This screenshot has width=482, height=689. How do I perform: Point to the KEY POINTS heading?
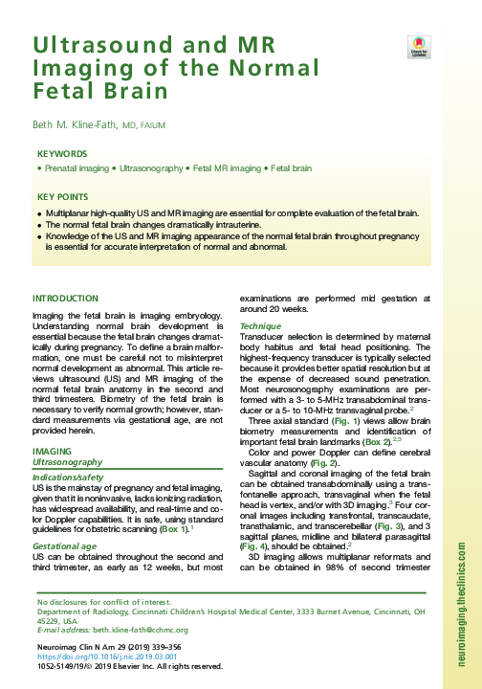coord(63,196)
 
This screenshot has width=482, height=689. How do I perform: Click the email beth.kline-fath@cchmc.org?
coord(142,631)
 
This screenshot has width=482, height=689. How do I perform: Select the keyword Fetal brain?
coord(291,167)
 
